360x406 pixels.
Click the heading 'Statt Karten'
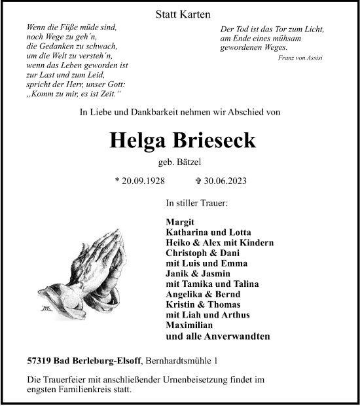[x=179, y=14]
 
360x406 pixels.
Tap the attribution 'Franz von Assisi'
[x=300, y=58]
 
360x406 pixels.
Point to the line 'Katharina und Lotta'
[x=208, y=232]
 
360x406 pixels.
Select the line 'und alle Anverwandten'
[x=218, y=337]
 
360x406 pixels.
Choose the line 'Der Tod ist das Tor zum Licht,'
[x=272, y=30]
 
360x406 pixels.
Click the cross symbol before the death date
[x=199, y=181]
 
